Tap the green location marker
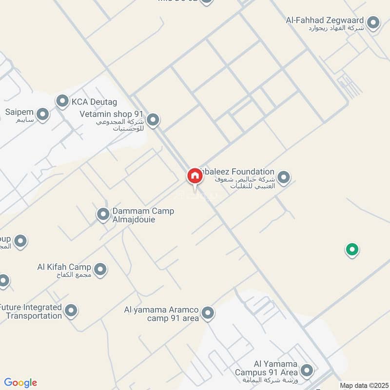352,250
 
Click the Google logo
20,383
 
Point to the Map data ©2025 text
363,385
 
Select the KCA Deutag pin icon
62,101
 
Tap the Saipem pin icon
43,115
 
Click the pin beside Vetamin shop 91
153,119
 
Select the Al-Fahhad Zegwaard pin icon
373,22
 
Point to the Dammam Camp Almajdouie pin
103,214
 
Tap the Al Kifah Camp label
64,267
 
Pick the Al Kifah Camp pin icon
100,269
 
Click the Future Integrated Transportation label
31,312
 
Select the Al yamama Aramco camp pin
208,313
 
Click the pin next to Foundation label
284,177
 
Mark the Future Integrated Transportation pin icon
71,310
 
